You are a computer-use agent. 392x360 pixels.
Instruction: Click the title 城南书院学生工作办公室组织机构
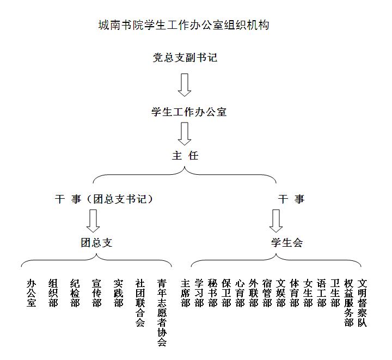pyautogui.click(x=184, y=25)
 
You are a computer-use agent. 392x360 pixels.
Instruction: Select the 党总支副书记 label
pyautogui.click(x=185, y=58)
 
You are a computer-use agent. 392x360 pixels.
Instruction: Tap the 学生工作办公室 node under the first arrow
pyautogui.click(x=189, y=112)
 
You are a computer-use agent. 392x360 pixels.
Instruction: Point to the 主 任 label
pyautogui.click(x=185, y=156)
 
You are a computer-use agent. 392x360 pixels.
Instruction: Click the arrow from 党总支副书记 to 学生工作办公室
pyautogui.click(x=185, y=85)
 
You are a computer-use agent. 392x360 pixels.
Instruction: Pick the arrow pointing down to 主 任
pyautogui.click(x=185, y=134)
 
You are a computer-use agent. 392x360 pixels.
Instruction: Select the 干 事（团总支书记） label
pyautogui.click(x=104, y=199)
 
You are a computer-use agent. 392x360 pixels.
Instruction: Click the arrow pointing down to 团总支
pyautogui.click(x=93, y=221)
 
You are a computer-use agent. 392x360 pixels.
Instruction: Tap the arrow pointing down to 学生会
pyautogui.click(x=276, y=221)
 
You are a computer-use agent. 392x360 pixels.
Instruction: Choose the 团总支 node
pyautogui.click(x=96, y=242)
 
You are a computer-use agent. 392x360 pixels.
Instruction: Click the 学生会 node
pyautogui.click(x=287, y=242)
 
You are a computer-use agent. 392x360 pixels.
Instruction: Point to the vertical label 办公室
pyautogui.click(x=31, y=293)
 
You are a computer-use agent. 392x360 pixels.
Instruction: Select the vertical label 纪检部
pyautogui.click(x=75, y=293)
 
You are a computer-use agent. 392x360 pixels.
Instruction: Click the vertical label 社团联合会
pyautogui.click(x=140, y=303)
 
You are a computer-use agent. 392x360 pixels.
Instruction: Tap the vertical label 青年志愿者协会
pyautogui.click(x=162, y=313)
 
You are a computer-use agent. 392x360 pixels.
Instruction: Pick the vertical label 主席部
pyautogui.click(x=186, y=293)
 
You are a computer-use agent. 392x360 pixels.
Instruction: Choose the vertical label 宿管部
pyautogui.click(x=267, y=293)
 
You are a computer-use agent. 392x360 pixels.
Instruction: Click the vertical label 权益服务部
pyautogui.click(x=348, y=303)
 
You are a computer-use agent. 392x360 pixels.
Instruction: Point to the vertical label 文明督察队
pyautogui.click(x=362, y=303)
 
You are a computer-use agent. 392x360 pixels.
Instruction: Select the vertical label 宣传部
pyautogui.click(x=96, y=293)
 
